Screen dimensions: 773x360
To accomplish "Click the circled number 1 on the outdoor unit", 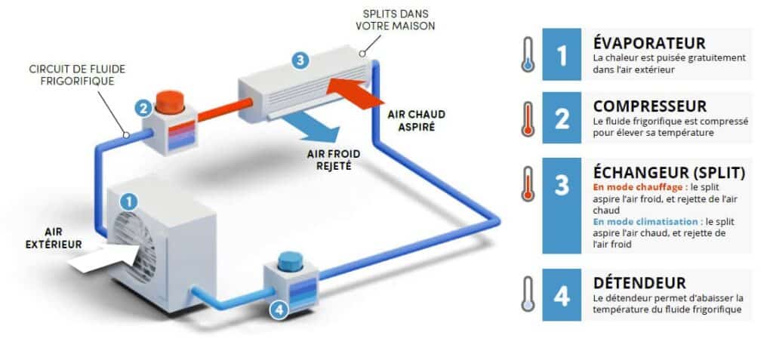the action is [128, 202].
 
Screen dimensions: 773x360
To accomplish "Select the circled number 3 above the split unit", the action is [300, 60].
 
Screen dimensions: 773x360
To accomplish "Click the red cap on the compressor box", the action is [170, 102].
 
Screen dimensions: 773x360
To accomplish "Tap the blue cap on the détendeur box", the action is [290, 261].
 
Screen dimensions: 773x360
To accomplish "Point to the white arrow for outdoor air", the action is [103, 257].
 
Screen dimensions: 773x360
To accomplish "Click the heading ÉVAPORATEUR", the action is [649, 43].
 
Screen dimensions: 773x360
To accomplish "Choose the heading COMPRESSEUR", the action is [650, 106].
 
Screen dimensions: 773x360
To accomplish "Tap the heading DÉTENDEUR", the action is [639, 283].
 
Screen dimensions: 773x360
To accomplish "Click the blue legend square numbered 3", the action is [562, 205].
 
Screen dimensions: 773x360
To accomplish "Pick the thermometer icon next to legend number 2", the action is [528, 118].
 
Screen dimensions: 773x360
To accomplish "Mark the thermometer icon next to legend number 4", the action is [528, 294].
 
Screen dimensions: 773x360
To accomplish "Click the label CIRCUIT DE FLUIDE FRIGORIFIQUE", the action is [78, 75].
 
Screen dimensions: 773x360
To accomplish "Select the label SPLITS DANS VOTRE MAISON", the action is [396, 20].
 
